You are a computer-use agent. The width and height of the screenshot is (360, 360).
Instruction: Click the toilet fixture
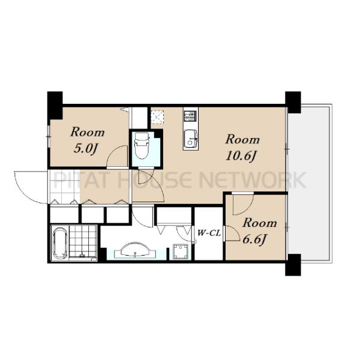[x=142, y=146]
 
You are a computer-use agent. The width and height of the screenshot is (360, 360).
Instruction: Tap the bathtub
[x=59, y=243]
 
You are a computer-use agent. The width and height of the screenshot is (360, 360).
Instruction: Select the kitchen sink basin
[x=191, y=139]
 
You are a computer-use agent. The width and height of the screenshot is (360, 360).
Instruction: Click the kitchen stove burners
[x=190, y=116]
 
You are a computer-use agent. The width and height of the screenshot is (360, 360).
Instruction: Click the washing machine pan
[x=181, y=251]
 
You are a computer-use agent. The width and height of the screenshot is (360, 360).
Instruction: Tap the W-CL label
[x=209, y=233]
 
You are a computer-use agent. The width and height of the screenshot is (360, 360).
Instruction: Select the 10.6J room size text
[x=241, y=156]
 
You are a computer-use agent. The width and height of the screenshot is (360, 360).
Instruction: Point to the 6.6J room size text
[x=254, y=239]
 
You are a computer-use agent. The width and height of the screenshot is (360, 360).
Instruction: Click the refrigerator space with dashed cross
[x=157, y=116]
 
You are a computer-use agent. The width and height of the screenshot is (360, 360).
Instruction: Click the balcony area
[x=309, y=183]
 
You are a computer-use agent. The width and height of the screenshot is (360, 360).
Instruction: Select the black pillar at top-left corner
[x=55, y=105]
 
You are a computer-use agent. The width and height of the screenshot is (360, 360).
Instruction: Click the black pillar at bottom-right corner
[x=293, y=265]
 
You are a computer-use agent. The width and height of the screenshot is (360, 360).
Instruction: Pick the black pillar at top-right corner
[x=293, y=102]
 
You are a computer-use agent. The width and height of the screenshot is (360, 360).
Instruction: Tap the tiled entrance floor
[x=65, y=187]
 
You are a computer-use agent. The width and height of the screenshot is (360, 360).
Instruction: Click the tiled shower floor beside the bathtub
[x=83, y=242]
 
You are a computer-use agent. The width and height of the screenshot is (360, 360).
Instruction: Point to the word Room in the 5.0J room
[x=88, y=132]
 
